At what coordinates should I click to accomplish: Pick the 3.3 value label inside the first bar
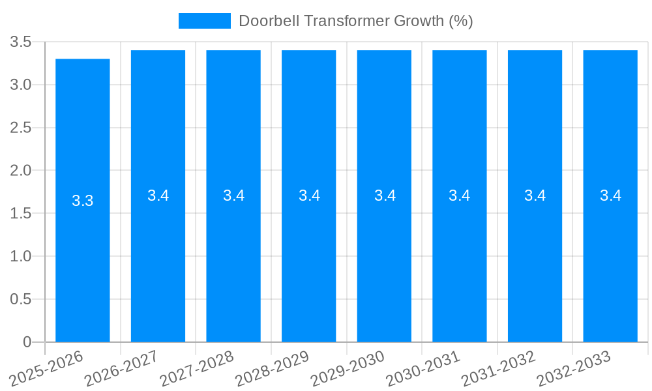pyautogui.click(x=83, y=201)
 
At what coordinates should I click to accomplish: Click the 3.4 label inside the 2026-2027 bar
pyautogui.click(x=158, y=195)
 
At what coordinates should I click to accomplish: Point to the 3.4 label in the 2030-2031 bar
pyautogui.click(x=460, y=195)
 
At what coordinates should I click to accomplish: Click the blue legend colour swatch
pyautogui.click(x=205, y=21)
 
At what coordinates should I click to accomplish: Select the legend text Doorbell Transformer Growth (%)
pyautogui.click(x=355, y=21)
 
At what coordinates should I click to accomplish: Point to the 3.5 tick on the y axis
pyautogui.click(x=22, y=42)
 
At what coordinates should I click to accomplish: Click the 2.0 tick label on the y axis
pyautogui.click(x=22, y=171)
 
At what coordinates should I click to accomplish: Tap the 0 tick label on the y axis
pyautogui.click(x=27, y=342)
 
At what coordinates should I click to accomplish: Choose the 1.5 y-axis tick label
pyautogui.click(x=22, y=214)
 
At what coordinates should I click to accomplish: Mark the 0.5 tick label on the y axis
pyautogui.click(x=22, y=300)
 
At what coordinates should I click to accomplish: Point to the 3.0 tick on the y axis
pyautogui.click(x=22, y=85)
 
